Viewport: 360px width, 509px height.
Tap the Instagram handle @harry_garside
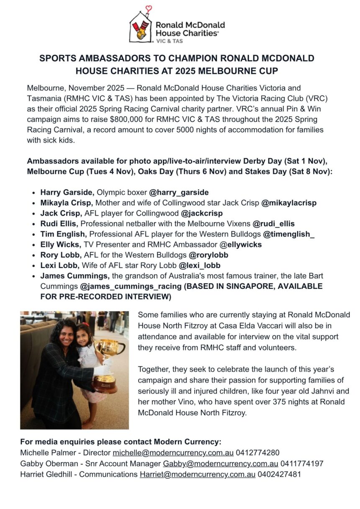(x=179, y=193)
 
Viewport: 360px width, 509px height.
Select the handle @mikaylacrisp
(x=289, y=203)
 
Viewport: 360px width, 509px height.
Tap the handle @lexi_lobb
(x=200, y=265)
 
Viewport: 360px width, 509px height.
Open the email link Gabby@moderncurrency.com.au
(x=221, y=464)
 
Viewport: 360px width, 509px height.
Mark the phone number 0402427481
(x=279, y=475)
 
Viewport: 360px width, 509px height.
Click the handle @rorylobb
(x=208, y=255)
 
